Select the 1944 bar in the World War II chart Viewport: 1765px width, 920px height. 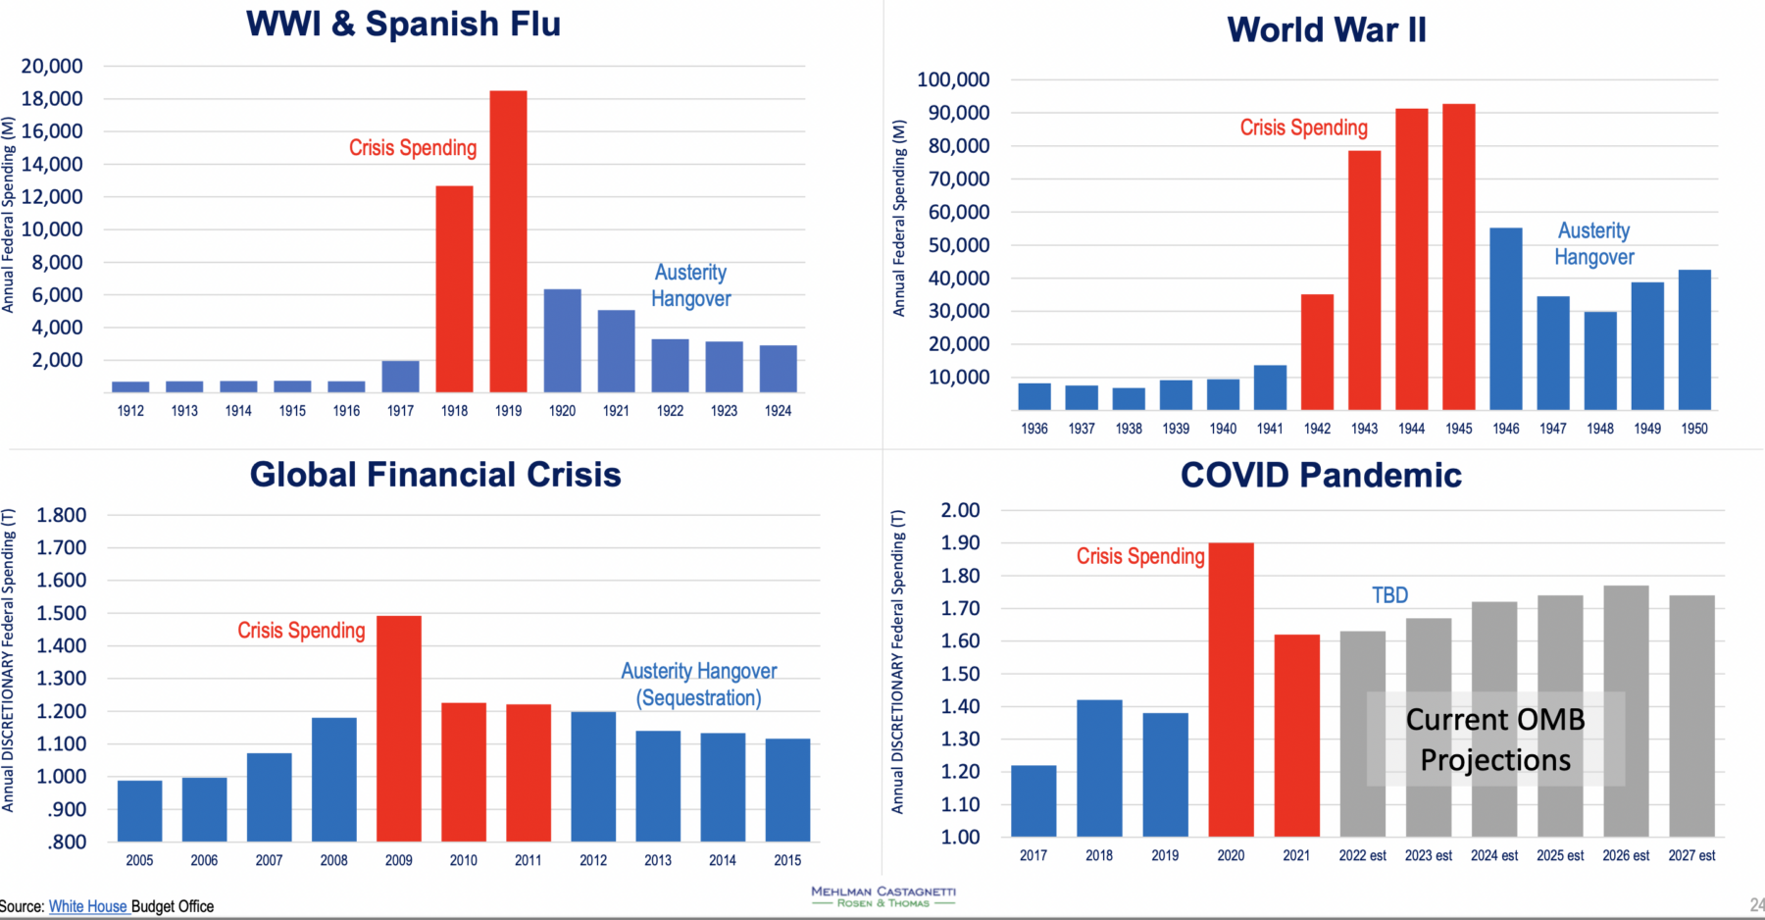[1411, 259]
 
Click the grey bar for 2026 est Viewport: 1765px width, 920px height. [1626, 711]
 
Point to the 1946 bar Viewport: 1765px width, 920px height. [1505, 319]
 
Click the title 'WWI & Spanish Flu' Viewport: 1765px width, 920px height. [403, 24]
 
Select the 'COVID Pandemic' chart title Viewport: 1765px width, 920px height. [1321, 475]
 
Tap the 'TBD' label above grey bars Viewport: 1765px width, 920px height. [1389, 595]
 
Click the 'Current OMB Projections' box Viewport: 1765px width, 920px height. [1495, 740]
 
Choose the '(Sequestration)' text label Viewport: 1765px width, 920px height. [698, 698]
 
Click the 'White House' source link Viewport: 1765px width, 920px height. [88, 906]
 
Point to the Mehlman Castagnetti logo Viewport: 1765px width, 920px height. [882, 896]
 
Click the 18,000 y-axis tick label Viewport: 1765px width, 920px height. [52, 98]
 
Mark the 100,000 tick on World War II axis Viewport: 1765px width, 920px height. [953, 79]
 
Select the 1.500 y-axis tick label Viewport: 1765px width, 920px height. [62, 613]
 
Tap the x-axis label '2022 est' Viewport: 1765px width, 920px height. [1362, 855]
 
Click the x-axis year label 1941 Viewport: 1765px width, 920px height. [1270, 429]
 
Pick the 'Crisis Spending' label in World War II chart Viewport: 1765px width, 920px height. [1303, 128]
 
